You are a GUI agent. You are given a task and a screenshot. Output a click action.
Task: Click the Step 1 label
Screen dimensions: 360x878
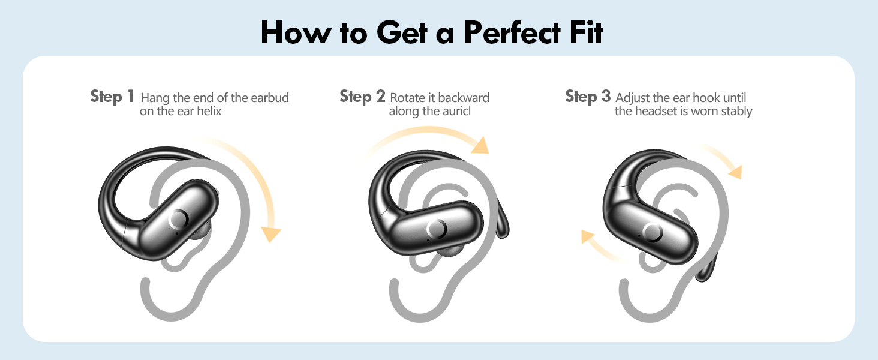112,96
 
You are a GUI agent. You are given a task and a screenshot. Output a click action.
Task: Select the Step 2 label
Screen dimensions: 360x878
362,96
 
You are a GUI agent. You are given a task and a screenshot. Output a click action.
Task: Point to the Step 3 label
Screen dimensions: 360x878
588,96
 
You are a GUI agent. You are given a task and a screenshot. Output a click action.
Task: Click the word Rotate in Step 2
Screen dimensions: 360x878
407,98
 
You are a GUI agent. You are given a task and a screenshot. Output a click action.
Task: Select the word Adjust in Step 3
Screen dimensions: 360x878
633,98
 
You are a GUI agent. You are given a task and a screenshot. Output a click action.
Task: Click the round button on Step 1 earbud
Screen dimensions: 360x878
178,219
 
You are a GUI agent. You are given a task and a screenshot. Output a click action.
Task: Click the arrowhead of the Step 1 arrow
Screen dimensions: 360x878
273,234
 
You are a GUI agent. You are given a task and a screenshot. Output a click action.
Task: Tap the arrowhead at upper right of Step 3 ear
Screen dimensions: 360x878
735,171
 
